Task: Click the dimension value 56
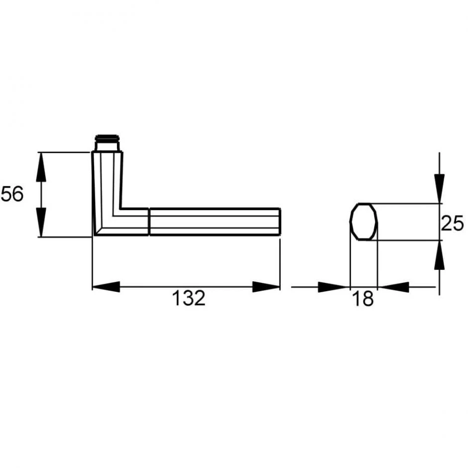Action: (12, 194)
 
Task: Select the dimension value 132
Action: (189, 298)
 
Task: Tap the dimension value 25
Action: (452, 223)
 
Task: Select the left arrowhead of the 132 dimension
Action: (106, 287)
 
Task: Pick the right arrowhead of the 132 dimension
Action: (266, 287)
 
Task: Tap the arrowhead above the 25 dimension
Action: (439, 189)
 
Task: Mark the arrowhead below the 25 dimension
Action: (439, 255)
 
